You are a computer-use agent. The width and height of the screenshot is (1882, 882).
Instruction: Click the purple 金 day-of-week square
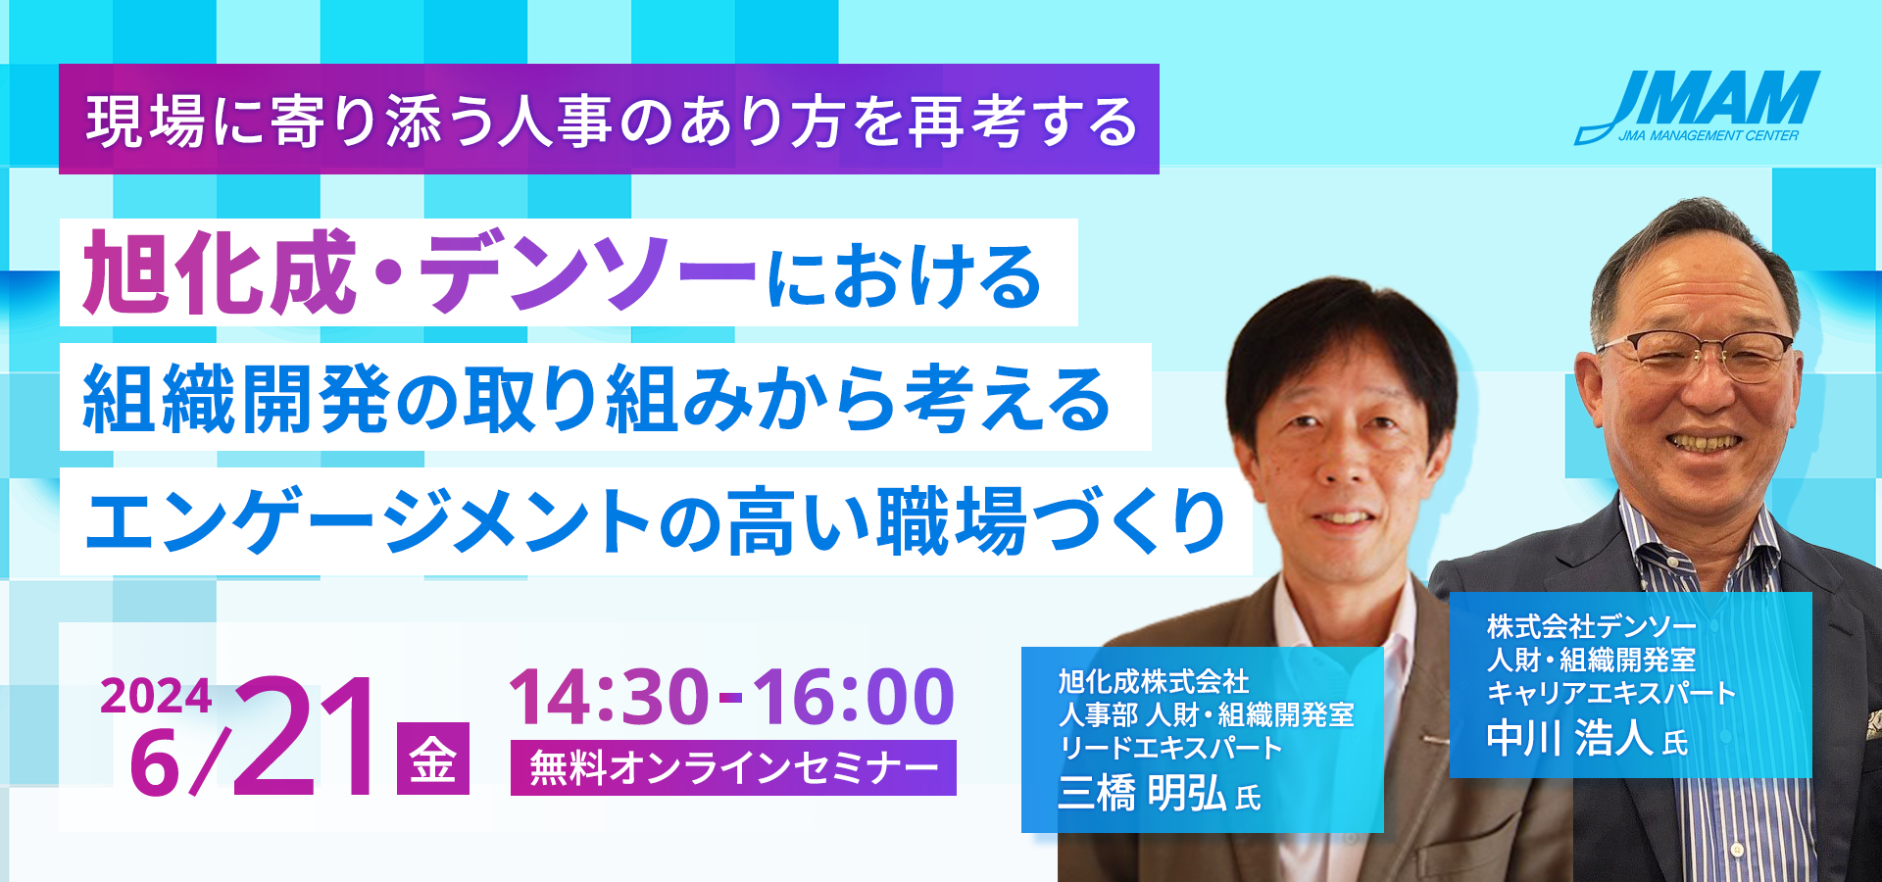pos(433,759)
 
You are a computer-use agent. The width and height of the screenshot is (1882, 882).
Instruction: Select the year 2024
pos(156,697)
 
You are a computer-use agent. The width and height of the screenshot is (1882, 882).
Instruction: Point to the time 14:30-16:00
pos(732,697)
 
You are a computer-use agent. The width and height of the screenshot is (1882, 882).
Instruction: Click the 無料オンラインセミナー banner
pos(733,767)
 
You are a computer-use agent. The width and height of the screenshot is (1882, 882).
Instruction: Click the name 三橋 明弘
pos(1142,793)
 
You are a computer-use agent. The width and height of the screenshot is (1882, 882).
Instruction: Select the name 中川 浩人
pos(1570,738)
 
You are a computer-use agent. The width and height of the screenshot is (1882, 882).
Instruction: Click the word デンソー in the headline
pos(588,273)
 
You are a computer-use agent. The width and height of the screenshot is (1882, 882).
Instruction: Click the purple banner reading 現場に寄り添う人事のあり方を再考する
pos(609,120)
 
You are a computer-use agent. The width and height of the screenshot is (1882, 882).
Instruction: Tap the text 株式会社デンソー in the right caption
pos(1591,626)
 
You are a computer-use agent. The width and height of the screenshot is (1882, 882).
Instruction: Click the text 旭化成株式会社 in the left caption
pos(1154,681)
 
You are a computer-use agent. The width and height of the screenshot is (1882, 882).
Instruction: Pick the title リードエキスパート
pos(1170,748)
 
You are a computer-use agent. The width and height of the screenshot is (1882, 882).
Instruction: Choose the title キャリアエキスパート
pos(1611,693)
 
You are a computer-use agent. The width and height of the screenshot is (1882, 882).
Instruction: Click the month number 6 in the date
pos(155,762)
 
